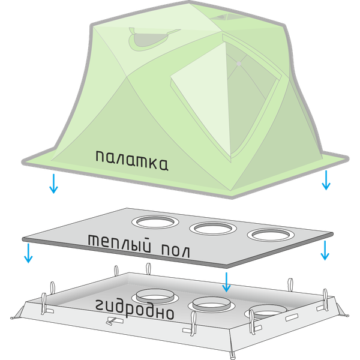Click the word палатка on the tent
(x=131, y=160)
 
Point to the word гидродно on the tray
(x=134, y=308)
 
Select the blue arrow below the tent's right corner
(x=325, y=179)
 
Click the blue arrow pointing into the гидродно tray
(x=226, y=281)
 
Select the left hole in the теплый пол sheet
(x=153, y=223)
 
